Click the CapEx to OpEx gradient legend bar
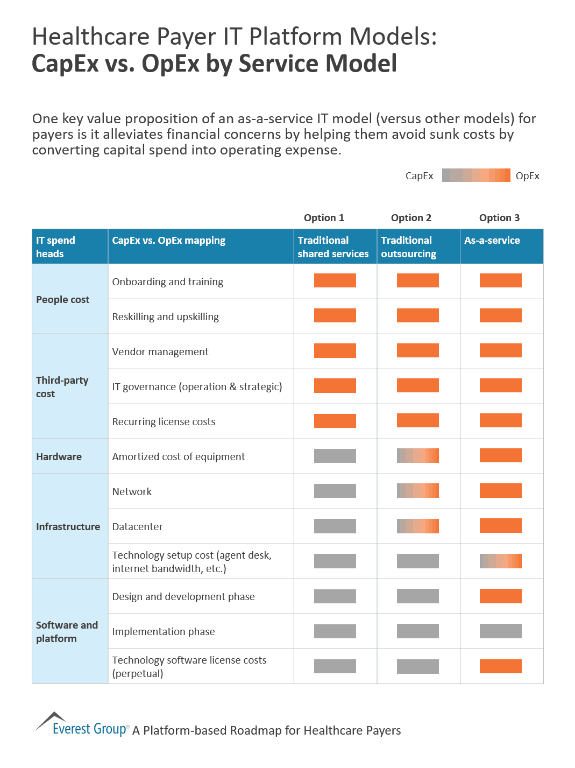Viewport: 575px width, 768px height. [475, 175]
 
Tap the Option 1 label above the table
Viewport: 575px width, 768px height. [324, 218]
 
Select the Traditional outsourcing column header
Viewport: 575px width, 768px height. [408, 247]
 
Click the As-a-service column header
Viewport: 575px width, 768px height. [492, 241]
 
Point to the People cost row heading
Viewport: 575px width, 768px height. [62, 300]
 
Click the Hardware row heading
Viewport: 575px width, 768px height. [59, 457]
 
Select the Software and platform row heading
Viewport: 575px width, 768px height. [67, 632]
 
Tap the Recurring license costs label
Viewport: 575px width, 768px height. [164, 422]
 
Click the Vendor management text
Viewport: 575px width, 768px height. [160, 352]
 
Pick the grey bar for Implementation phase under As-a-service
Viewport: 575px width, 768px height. [500, 631]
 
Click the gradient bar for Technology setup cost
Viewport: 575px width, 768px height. [500, 561]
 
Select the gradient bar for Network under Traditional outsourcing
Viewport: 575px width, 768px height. [417, 491]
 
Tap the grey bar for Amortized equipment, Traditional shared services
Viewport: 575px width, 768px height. [335, 456]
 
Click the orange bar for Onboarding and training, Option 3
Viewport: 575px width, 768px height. [500, 280]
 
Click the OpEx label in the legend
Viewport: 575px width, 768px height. [527, 176]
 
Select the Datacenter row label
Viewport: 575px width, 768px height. [137, 527]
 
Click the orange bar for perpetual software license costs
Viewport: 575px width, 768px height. [500, 666]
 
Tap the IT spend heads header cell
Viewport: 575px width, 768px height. [55, 247]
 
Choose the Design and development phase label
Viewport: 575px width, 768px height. [183, 597]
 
